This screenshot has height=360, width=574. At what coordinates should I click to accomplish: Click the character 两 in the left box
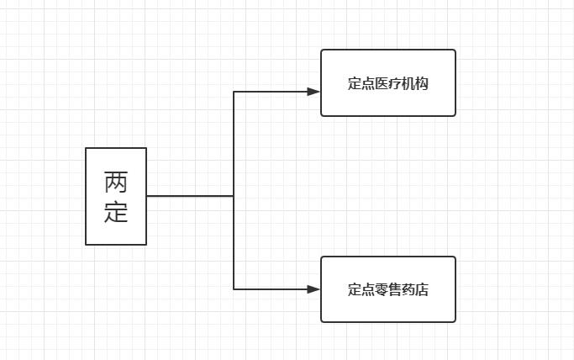[116, 182]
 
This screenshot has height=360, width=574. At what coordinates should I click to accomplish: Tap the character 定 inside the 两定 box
[116, 212]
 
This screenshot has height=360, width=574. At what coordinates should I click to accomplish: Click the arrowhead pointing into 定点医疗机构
[313, 92]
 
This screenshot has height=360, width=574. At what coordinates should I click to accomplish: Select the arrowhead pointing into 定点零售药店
[313, 289]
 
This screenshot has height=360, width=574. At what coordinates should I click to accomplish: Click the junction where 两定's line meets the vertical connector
[234, 196]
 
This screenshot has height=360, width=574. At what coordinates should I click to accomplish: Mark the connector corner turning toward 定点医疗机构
[234, 92]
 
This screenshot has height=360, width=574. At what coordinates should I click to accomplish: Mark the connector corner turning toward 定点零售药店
[234, 289]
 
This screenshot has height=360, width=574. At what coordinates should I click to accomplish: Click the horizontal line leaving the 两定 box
[189, 196]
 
